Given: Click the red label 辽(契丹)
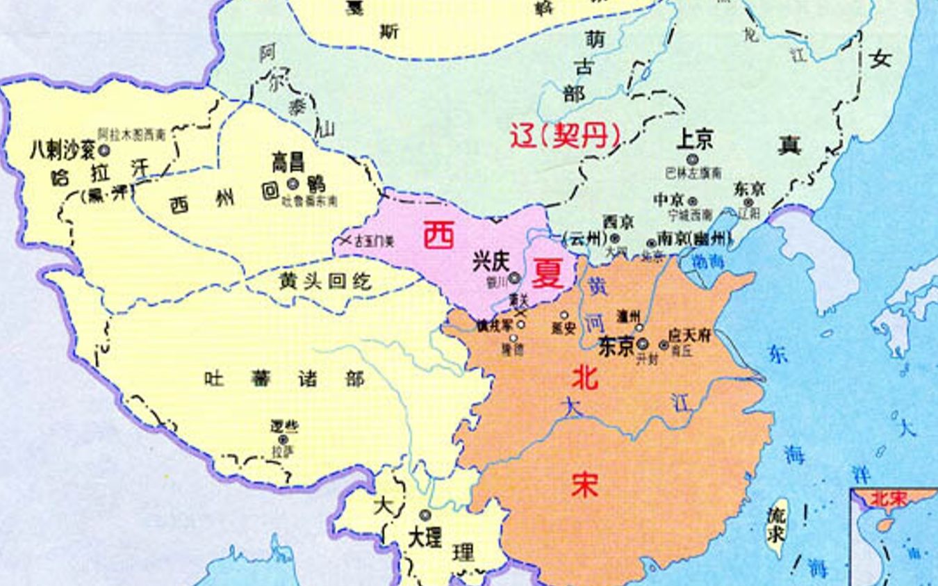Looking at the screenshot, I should click(x=565, y=135).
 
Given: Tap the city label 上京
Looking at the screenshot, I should click(x=694, y=142).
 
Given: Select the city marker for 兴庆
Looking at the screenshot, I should click(x=514, y=278).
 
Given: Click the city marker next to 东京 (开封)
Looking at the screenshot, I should click(x=643, y=343).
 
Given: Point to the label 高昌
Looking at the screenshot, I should click(x=288, y=164).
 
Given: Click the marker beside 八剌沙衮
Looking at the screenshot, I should click(x=105, y=149).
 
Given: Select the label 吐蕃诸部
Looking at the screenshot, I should click(x=284, y=379).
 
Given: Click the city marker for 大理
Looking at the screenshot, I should click(x=425, y=515).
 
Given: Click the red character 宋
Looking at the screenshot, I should click(x=584, y=485).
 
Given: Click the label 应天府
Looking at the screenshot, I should click(x=689, y=336).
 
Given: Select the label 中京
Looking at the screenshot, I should click(x=670, y=200).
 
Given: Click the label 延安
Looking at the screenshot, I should click(x=563, y=329).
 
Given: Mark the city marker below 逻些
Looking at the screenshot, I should click(x=283, y=439).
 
